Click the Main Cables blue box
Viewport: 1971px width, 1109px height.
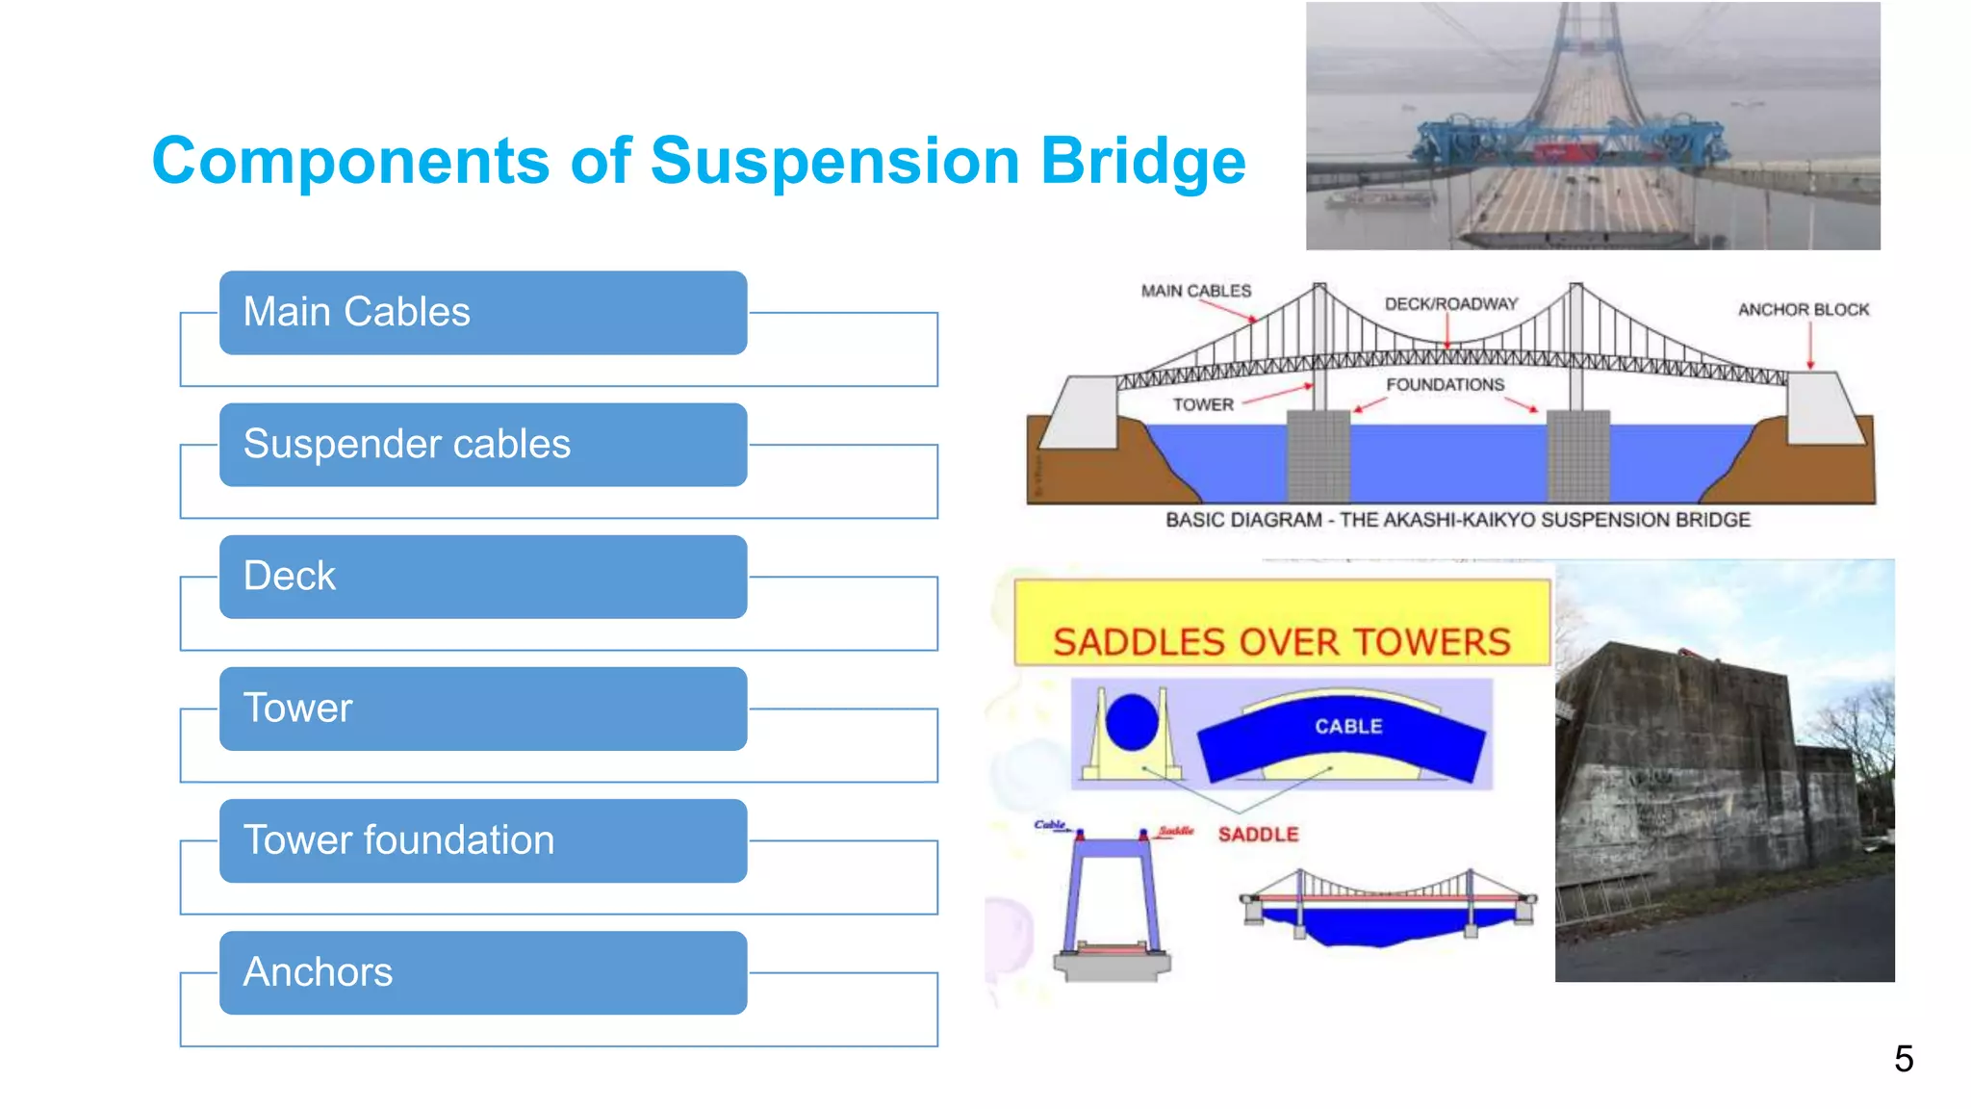482,313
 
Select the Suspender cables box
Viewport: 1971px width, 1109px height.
482,445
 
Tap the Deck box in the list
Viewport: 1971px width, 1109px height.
482,577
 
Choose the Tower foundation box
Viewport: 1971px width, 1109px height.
482,840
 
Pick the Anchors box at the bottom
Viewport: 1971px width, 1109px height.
482,972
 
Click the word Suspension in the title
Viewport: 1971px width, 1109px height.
834,161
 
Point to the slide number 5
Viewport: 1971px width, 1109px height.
1903,1059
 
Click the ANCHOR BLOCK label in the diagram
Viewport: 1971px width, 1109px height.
1803,310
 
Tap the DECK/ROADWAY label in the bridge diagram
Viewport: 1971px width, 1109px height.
1450,304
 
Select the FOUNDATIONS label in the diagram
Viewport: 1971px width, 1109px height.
1445,385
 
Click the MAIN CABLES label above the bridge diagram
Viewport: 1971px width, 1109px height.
1195,291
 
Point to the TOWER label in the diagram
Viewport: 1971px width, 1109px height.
1202,405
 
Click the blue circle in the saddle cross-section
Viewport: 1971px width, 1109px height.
1132,721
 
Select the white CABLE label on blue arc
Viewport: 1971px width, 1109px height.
1348,727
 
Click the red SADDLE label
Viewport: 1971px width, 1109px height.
1258,835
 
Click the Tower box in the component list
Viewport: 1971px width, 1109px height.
482,709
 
